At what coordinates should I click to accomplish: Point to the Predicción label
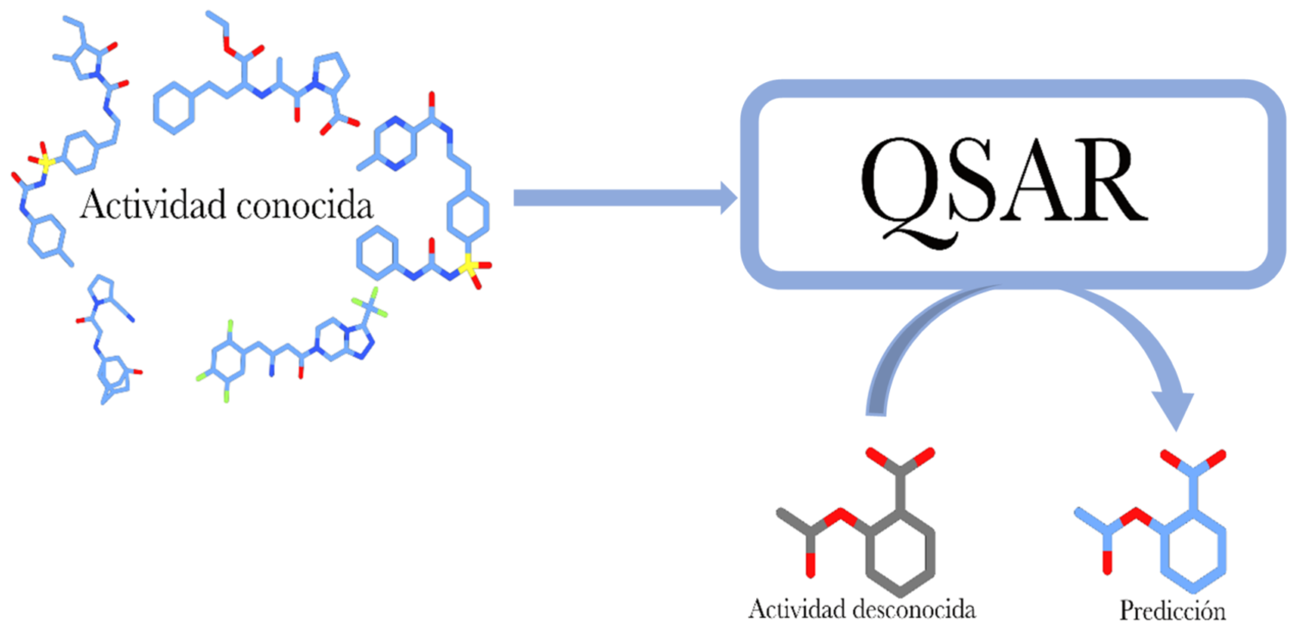[1172, 611]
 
